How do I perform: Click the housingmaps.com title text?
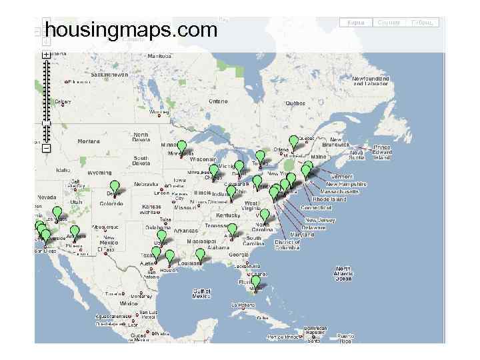pos(131,29)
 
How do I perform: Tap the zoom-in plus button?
pos(45,55)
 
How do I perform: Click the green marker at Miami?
pos(255,282)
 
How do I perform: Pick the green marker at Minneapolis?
pos(181,147)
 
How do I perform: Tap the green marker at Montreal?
pos(294,142)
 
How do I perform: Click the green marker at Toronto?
pos(260,157)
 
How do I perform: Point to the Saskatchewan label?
pos(109,75)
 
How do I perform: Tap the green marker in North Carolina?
pos(265,215)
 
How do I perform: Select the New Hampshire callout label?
pos(346,184)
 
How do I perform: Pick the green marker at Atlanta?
pos(232,230)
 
